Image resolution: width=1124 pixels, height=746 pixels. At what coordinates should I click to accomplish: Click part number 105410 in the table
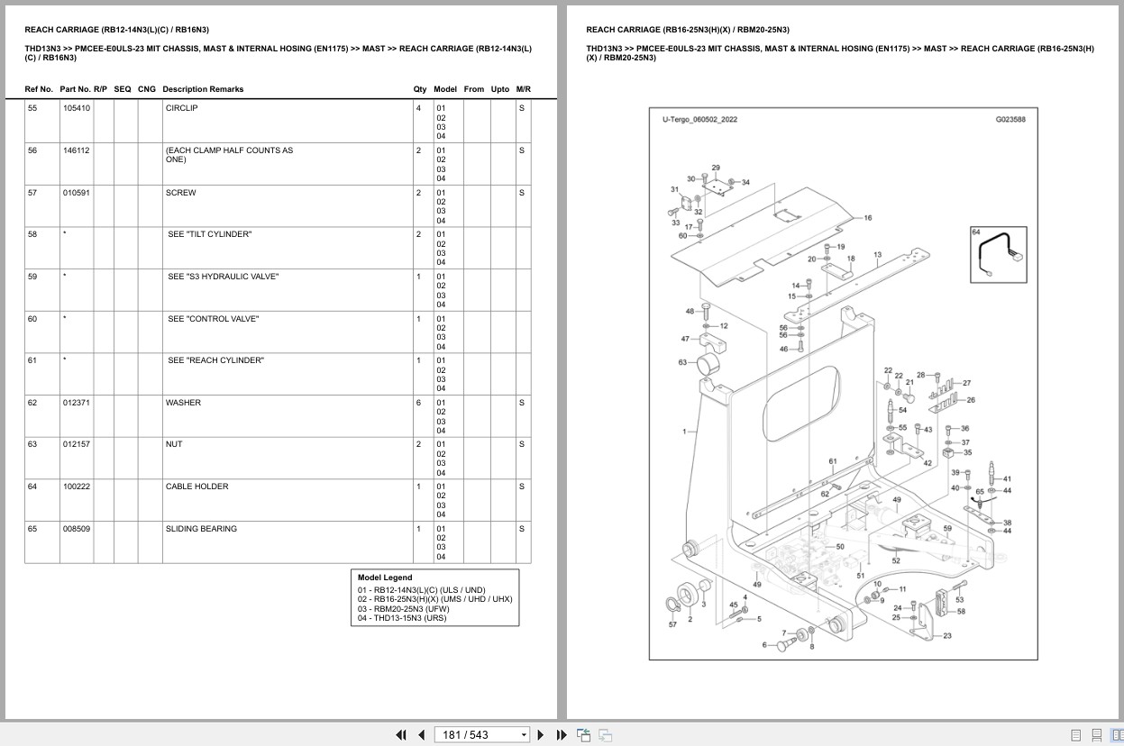(x=76, y=108)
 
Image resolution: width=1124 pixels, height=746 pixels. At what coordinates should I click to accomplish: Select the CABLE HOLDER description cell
(x=196, y=487)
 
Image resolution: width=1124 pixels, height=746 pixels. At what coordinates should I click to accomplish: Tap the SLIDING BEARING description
(x=201, y=529)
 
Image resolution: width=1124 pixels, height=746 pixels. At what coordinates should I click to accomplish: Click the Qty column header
(x=420, y=89)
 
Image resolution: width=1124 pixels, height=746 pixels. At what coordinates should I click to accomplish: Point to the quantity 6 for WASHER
(x=418, y=403)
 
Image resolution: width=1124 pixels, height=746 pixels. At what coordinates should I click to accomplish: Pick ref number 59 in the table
(x=32, y=277)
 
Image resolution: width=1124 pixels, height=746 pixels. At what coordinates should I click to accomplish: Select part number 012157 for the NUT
(x=76, y=444)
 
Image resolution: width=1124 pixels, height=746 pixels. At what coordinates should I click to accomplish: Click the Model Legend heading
(x=385, y=578)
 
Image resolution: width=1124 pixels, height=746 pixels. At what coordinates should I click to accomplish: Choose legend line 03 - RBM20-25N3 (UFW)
(x=401, y=608)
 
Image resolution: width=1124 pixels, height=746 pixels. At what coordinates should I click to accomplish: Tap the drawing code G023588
(x=1010, y=119)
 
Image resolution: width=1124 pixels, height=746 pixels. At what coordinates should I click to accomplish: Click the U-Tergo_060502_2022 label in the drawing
(x=699, y=119)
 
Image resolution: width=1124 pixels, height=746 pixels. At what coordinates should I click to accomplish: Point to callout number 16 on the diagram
(x=867, y=218)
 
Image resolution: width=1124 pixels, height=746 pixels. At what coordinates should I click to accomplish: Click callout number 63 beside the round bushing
(x=682, y=362)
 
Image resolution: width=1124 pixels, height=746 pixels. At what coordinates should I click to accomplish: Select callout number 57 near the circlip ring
(x=672, y=623)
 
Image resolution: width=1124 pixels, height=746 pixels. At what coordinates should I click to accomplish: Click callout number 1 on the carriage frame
(x=684, y=432)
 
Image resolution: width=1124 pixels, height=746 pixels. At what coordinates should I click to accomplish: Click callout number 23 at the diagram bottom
(x=947, y=636)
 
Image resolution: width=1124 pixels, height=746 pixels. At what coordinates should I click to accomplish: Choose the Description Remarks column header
(x=203, y=89)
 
